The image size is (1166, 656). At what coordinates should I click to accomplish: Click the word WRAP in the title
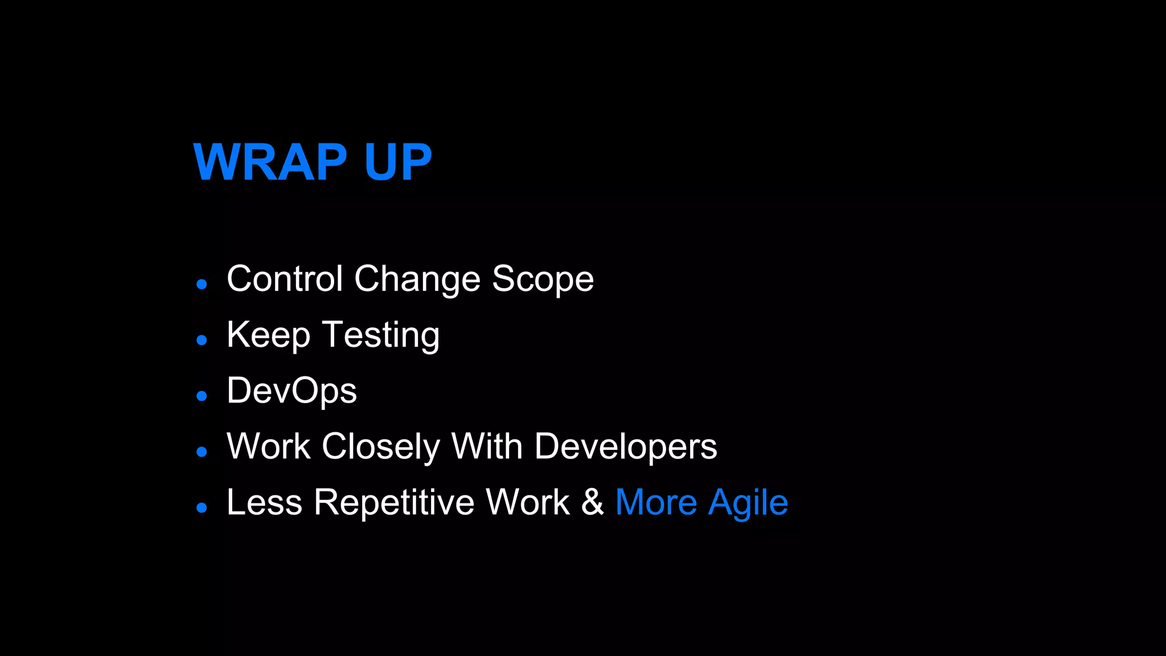click(x=270, y=163)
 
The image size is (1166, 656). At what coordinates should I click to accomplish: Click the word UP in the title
click(x=398, y=163)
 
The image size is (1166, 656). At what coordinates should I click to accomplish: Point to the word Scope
click(x=543, y=280)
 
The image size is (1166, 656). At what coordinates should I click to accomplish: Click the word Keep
click(x=268, y=335)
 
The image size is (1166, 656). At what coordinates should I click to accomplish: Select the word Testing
click(x=381, y=335)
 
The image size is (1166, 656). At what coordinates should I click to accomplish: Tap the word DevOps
click(x=291, y=391)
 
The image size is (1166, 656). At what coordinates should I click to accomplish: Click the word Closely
click(x=381, y=446)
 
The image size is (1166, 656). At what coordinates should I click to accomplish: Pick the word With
click(x=487, y=446)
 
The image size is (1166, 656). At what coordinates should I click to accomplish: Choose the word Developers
click(x=626, y=447)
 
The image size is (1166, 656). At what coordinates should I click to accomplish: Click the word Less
click(x=264, y=502)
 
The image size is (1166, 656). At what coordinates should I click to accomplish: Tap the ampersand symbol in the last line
click(x=592, y=502)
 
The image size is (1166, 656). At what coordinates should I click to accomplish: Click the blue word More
click(x=656, y=502)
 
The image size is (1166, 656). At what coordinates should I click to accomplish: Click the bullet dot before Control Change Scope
click(x=202, y=284)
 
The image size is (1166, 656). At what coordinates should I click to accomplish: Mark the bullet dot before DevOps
click(x=202, y=396)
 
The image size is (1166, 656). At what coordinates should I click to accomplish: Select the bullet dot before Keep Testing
click(x=202, y=340)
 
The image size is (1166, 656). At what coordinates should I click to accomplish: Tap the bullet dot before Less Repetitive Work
click(x=202, y=507)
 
